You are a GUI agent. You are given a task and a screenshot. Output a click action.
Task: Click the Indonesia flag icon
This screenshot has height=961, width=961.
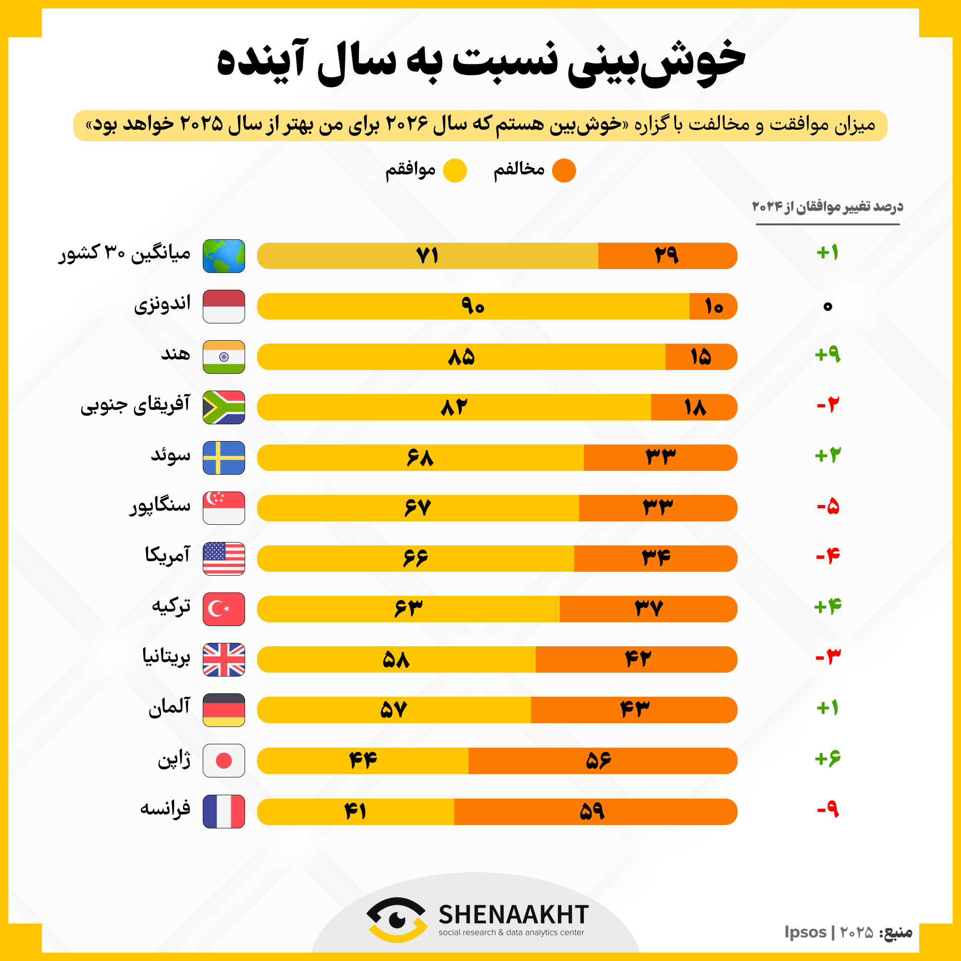tap(224, 307)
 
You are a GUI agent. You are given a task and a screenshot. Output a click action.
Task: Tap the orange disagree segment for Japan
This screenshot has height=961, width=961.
tap(602, 761)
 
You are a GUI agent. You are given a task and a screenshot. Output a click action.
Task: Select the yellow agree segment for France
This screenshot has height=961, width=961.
tap(356, 812)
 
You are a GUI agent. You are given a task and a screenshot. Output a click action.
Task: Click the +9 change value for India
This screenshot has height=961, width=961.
tap(827, 355)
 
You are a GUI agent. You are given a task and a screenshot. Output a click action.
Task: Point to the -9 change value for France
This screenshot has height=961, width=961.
tap(828, 810)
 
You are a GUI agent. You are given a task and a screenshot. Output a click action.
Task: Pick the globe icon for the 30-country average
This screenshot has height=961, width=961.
tap(224, 256)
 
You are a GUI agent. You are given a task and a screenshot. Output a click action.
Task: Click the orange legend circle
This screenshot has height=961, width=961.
tap(564, 171)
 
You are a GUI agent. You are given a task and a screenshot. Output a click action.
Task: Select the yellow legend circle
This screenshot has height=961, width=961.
tap(455, 171)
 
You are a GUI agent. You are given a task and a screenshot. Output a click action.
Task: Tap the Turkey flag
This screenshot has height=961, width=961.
tap(224, 609)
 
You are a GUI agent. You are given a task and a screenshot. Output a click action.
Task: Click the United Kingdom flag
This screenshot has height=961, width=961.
tap(224, 660)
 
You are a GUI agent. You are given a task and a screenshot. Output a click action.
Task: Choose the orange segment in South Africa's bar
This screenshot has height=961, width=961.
tap(694, 407)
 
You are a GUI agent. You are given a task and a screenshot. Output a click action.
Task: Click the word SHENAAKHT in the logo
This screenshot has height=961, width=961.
tap(513, 914)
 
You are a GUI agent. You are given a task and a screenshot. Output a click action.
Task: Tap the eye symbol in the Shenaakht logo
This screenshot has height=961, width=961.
tap(396, 919)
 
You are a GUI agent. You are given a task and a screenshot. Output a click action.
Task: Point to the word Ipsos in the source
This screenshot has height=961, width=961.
tap(805, 932)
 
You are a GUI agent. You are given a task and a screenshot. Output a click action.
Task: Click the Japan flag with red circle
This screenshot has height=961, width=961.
tap(224, 761)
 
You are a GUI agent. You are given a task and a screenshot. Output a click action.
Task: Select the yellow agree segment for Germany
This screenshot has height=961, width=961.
tap(394, 710)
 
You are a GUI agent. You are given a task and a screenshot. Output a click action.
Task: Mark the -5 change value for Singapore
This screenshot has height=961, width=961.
tap(828, 507)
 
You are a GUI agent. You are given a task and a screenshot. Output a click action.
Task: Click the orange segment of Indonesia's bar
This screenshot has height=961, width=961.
tap(713, 307)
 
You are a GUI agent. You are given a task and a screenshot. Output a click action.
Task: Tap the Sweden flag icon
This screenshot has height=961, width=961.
tap(224, 457)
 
